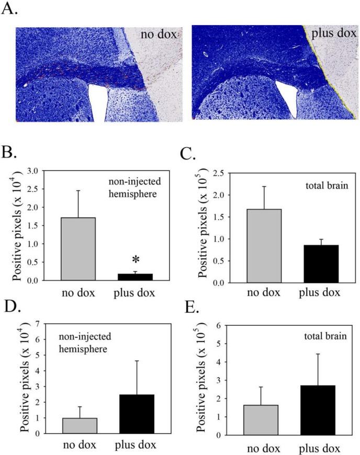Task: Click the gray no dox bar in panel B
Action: tap(78, 248)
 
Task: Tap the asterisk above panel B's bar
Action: tap(135, 260)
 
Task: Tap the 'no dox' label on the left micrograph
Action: tap(159, 36)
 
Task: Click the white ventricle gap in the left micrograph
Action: tap(97, 101)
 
